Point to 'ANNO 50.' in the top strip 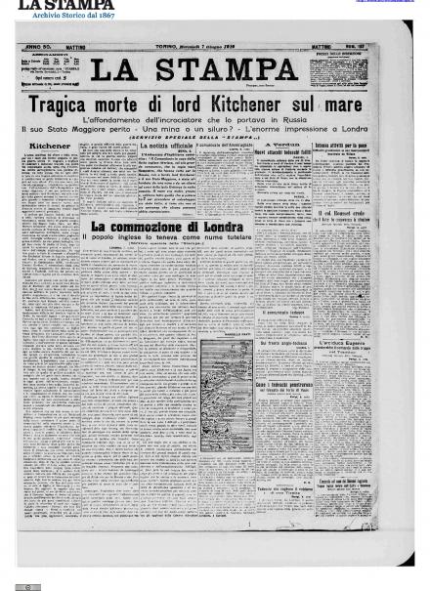(x=40, y=47)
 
